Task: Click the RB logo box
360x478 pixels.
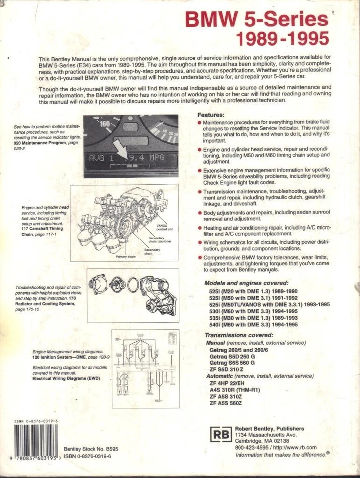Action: click(218, 435)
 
